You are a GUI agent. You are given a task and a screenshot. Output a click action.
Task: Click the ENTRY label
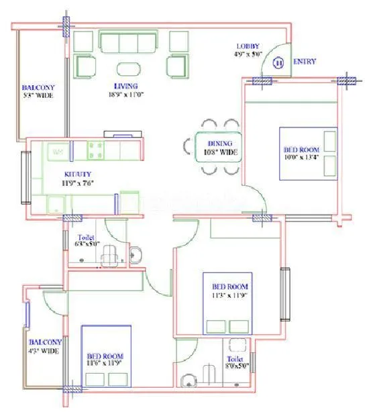click(305, 62)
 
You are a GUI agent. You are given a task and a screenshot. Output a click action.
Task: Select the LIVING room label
click(125, 86)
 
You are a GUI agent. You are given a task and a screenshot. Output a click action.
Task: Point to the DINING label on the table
click(220, 144)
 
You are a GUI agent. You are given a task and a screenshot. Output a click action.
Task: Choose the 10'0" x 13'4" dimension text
click(300, 158)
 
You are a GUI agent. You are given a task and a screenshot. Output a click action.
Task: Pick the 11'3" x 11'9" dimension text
click(229, 295)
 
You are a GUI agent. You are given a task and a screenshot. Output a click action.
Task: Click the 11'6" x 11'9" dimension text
click(105, 364)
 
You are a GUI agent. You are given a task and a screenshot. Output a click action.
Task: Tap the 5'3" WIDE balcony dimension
click(38, 96)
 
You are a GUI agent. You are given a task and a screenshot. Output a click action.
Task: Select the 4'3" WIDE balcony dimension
click(45, 350)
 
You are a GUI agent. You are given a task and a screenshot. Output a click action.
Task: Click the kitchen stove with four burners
click(95, 151)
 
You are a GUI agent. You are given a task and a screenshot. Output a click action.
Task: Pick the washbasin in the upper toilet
click(135, 254)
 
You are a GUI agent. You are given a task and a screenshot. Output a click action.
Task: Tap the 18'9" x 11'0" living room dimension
click(125, 95)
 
